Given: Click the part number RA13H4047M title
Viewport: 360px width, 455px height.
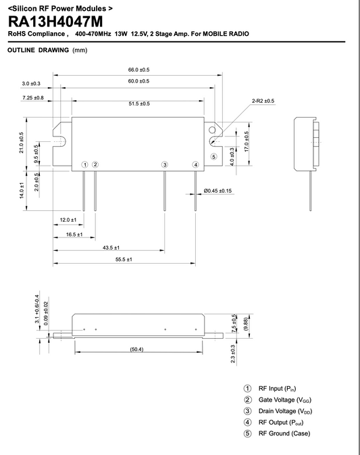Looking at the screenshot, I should point(56,21).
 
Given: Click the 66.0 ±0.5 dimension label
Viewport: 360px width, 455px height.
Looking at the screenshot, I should point(138,70).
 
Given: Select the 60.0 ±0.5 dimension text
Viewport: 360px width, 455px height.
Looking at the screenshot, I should point(138,82).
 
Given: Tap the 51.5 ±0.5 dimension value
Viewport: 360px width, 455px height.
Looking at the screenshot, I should point(138,103).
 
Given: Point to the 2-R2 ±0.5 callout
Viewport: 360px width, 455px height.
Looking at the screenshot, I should point(263,101).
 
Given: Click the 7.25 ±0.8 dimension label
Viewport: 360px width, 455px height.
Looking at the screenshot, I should point(32,98).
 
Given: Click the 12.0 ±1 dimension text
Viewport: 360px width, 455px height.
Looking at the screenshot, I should point(68,220).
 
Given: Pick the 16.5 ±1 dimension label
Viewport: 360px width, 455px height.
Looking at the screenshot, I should point(74,234).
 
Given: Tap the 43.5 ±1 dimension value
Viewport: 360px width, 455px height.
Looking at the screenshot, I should point(111,247).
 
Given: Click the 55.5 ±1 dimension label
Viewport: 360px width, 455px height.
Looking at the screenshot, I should point(123,260).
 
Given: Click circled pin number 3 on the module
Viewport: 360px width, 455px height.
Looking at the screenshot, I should point(164,164).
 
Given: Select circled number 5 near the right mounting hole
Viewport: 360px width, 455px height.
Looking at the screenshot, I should point(214,156).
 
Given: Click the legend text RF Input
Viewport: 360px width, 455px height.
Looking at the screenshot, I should point(274,389).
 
